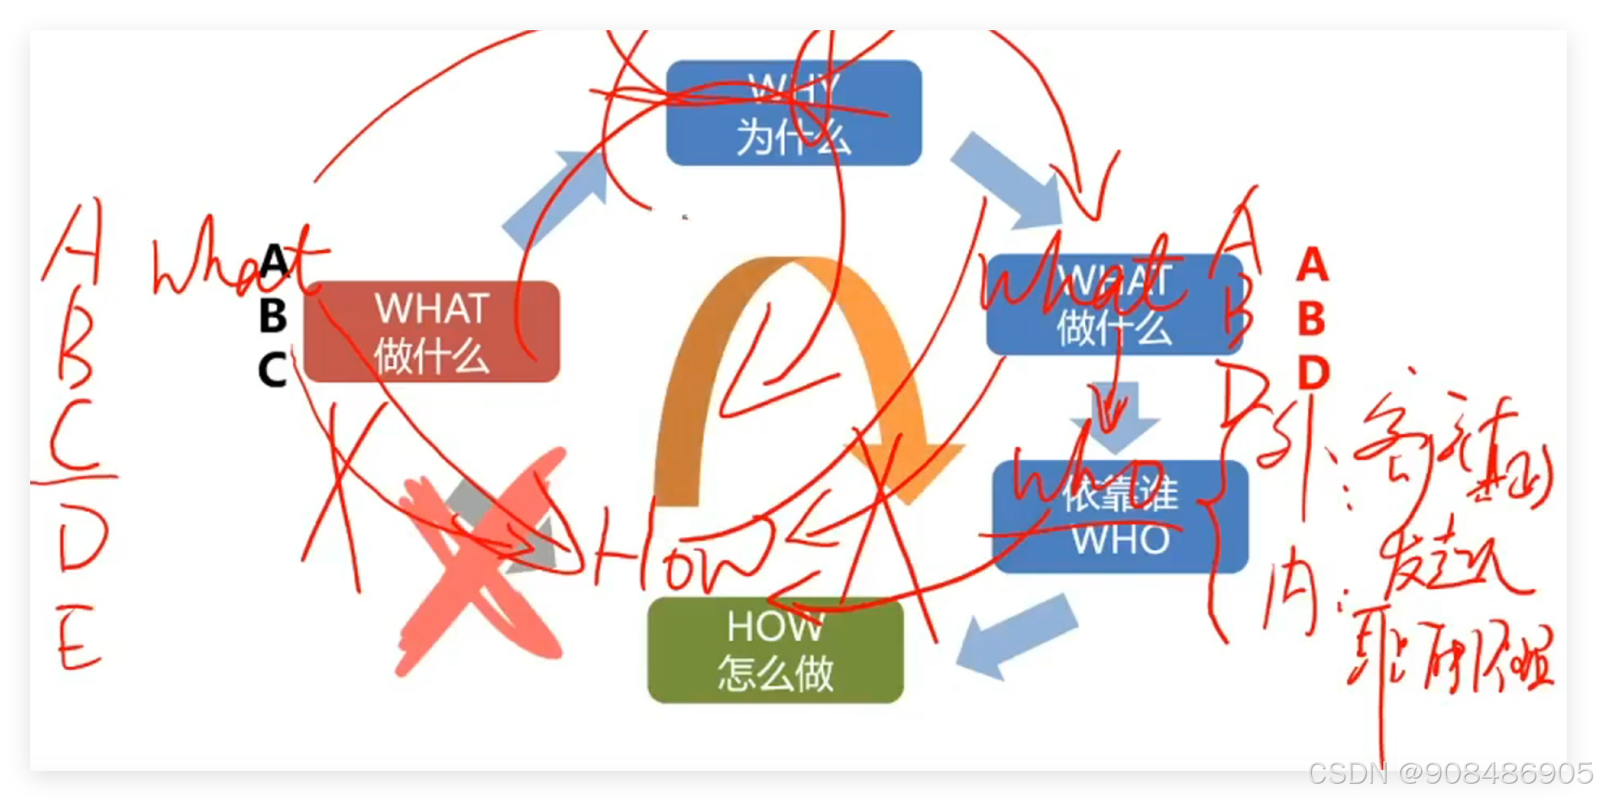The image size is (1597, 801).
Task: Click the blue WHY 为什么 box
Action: point(794,113)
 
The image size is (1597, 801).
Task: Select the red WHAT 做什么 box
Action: point(431,332)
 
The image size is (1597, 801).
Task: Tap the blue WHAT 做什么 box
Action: point(1114,305)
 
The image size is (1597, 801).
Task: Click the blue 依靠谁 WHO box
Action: point(1120,517)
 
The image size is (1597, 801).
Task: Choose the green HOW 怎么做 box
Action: point(775,650)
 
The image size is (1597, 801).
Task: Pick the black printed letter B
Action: point(272,316)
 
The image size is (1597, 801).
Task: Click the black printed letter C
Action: point(271,370)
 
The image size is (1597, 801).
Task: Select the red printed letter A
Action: point(1312,265)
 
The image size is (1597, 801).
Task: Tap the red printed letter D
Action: point(1313,373)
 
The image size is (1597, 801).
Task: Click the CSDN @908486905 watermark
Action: point(1448,773)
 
